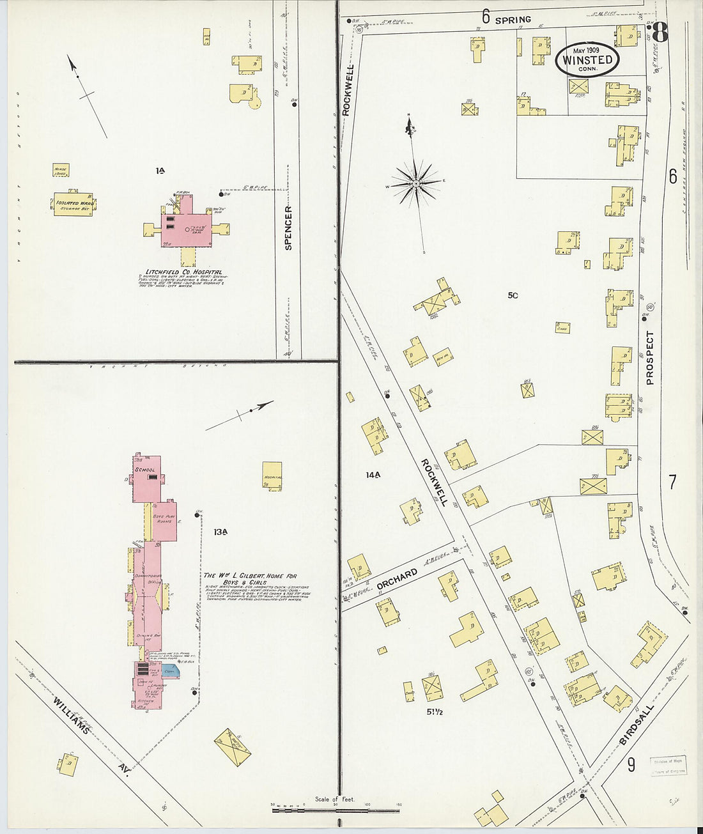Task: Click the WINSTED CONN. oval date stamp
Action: [587, 60]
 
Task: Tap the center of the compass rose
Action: [416, 183]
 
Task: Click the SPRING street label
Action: [513, 20]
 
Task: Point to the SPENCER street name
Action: [288, 228]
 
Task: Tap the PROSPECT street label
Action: [650, 358]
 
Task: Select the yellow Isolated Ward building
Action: [74, 204]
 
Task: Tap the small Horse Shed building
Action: [61, 171]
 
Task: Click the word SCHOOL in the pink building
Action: [144, 470]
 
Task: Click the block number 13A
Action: [221, 532]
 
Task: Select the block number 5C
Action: [513, 295]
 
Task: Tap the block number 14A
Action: [373, 475]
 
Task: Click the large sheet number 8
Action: [660, 33]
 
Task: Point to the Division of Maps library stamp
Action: [668, 766]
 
